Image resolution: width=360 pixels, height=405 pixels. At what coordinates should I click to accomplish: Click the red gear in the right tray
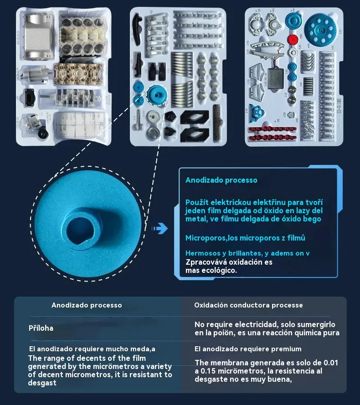(x=293, y=40)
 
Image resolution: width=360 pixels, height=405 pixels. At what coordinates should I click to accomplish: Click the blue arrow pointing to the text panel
(x=159, y=229)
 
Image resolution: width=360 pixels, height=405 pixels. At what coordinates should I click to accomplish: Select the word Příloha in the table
(x=41, y=328)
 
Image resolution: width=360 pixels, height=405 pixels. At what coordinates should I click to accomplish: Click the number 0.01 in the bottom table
(x=331, y=363)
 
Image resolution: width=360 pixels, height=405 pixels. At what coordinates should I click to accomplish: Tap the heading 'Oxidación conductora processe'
(x=248, y=305)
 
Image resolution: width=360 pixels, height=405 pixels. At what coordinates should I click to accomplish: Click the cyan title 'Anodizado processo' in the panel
(x=221, y=180)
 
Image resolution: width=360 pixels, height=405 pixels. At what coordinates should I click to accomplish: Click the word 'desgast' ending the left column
(x=42, y=383)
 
